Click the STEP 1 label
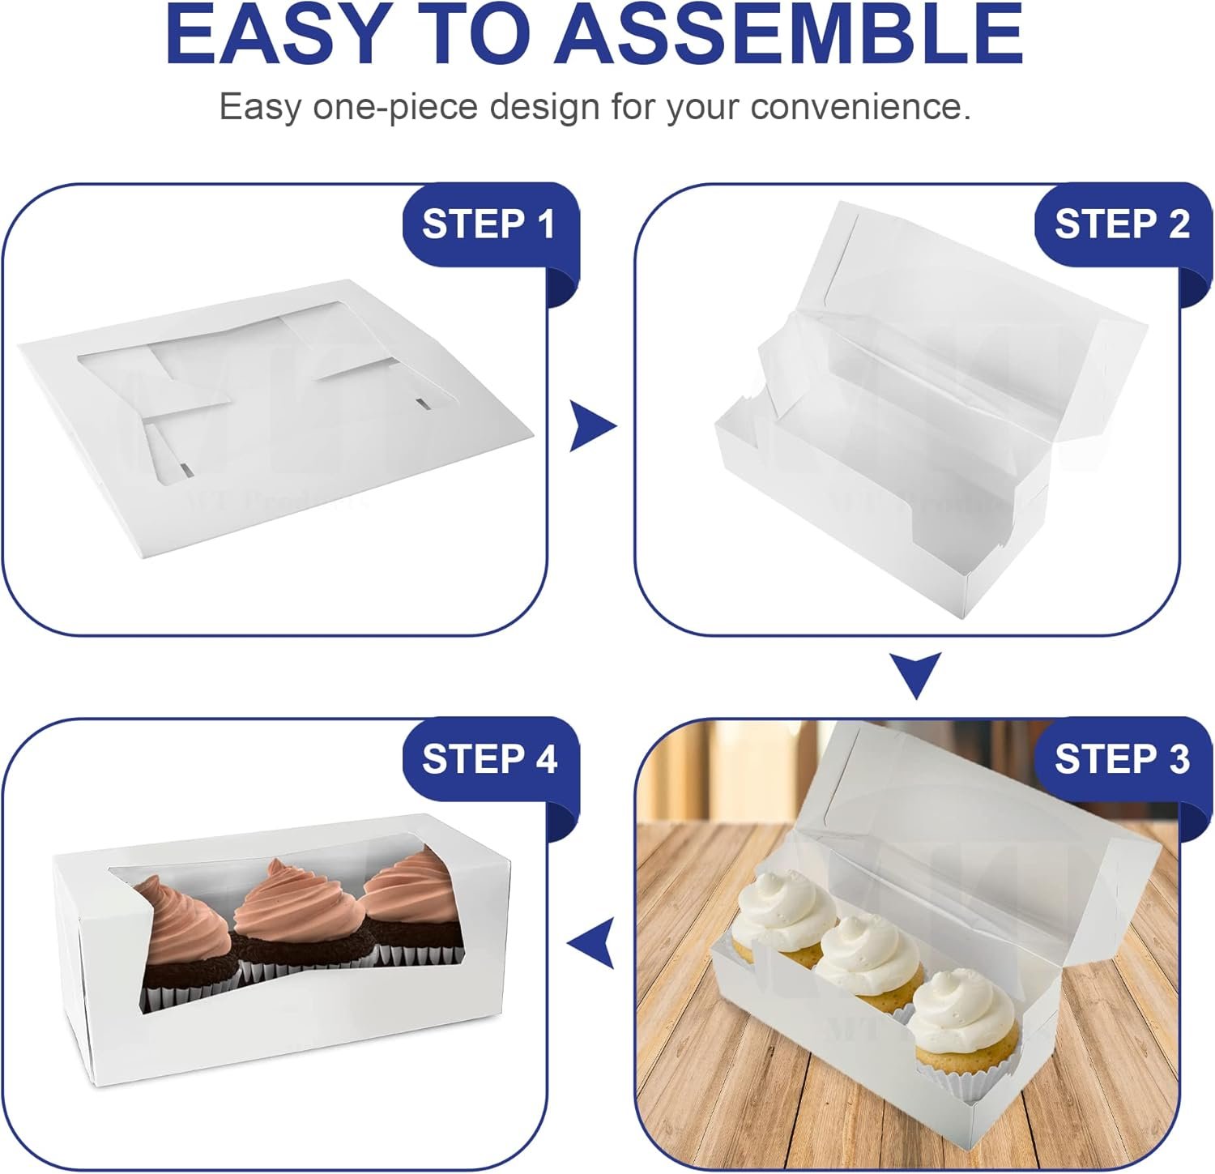[488, 224]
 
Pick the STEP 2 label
[1121, 224]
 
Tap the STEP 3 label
[1121, 759]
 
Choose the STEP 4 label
[489, 759]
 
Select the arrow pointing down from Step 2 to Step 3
[916, 675]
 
